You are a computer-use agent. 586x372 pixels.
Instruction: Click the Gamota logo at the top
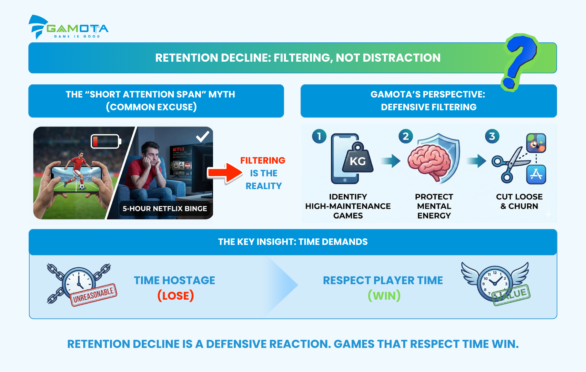[x=68, y=27]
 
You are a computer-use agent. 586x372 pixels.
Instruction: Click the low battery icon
[x=106, y=141]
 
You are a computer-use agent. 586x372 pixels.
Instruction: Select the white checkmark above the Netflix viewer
[x=203, y=136]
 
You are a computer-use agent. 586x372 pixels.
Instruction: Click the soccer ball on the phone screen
[x=82, y=187]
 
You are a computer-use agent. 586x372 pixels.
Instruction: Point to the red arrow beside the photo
[x=225, y=173]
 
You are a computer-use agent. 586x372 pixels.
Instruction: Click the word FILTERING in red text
[x=263, y=160]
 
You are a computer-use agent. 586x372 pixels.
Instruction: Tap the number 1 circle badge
[x=319, y=136]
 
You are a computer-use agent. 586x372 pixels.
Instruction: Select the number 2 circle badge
[x=405, y=136]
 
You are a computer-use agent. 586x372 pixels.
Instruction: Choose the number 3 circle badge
[x=492, y=136]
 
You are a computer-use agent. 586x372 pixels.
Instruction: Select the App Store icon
[x=536, y=175]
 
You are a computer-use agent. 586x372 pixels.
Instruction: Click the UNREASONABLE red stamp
[x=94, y=295]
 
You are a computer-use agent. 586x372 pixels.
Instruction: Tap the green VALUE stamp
[x=511, y=295]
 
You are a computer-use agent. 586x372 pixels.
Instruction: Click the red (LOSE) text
[x=175, y=296]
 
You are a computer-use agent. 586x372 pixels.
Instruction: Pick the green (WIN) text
[x=384, y=296]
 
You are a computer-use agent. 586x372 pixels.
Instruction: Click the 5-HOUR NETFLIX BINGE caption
[x=165, y=209]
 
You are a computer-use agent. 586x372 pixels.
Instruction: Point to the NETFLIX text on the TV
[x=179, y=149]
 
